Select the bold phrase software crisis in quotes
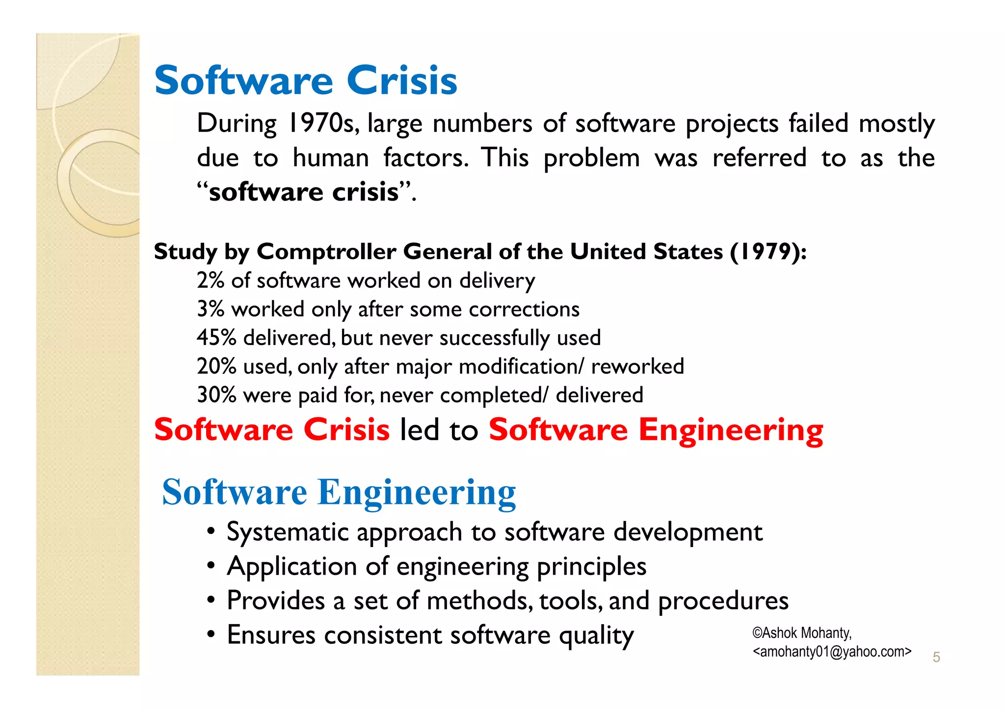coord(304,191)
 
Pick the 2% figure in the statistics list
coord(211,281)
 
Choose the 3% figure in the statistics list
coord(211,309)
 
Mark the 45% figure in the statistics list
coord(216,338)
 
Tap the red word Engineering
coord(731,430)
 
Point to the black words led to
coord(439,430)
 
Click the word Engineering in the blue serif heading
coord(417,492)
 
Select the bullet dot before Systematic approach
coord(211,532)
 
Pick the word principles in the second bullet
coord(591,567)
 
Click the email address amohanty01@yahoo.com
coord(832,652)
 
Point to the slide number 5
coord(936,657)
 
